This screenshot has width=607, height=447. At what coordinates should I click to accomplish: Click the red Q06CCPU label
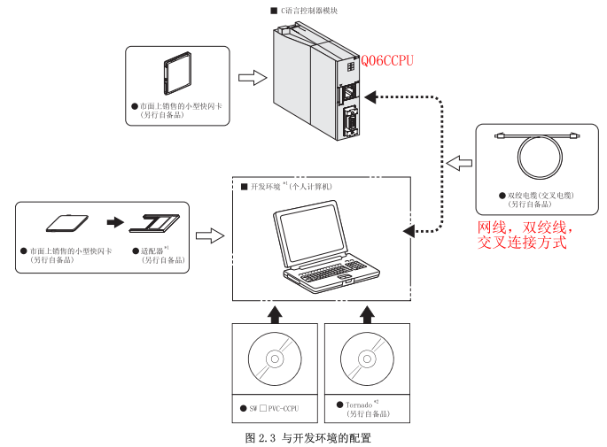point(386,61)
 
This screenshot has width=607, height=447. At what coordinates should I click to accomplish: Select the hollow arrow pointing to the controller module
point(254,78)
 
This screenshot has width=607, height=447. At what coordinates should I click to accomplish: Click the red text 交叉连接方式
point(522,242)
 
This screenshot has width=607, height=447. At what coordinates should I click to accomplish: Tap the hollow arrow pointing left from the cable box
point(459,163)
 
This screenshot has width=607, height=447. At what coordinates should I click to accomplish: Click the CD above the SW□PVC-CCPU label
point(274,362)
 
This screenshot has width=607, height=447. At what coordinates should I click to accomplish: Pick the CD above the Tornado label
point(367,361)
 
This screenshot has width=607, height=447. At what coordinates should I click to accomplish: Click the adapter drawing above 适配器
point(153,225)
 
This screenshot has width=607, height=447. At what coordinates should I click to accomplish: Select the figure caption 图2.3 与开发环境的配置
point(307,437)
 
